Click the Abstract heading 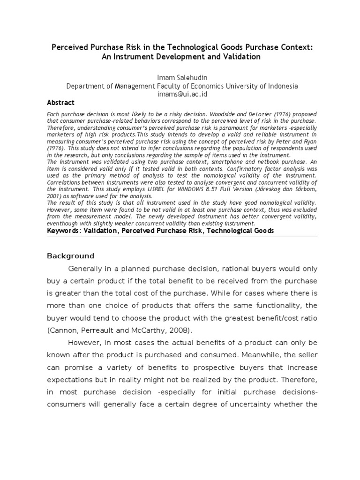click(60, 103)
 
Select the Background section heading click(71, 256)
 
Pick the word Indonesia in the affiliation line click(282, 86)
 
